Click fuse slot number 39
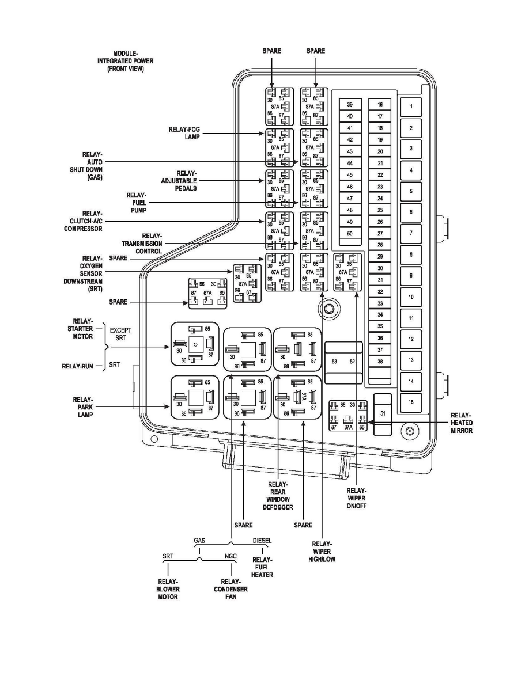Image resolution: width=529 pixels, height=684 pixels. pos(350,105)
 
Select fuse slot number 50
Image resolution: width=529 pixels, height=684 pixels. pos(350,234)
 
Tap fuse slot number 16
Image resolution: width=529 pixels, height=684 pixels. pos(380,105)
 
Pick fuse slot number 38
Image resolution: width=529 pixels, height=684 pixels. pos(380,362)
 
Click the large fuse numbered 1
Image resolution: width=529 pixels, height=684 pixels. pos(411,107)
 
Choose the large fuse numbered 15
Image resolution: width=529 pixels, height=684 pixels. pos(411,402)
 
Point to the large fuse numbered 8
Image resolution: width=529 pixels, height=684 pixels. pos(411,254)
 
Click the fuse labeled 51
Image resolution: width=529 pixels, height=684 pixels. pos(383,413)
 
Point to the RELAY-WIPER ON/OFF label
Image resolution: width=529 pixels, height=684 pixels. pos(357,498)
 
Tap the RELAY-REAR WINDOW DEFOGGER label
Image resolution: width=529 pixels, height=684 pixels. pos(281,495)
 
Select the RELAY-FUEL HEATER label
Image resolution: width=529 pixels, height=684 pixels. pos(262,567)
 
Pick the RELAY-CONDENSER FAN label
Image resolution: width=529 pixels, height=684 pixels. pos(231,589)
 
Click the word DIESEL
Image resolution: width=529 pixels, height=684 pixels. pos(262,541)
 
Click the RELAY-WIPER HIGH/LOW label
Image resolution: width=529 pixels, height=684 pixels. pos(322,550)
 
